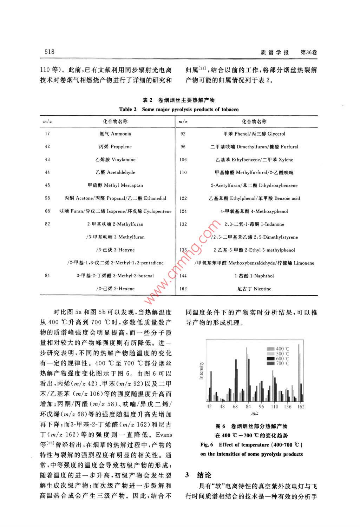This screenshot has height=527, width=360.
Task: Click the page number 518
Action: pyautogui.click(x=50, y=52)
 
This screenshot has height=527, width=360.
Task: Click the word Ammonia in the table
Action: pyautogui.click(x=121, y=134)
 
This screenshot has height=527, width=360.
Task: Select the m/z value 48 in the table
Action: pyautogui.click(x=47, y=185)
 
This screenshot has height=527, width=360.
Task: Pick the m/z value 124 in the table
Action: pyautogui.click(x=183, y=211)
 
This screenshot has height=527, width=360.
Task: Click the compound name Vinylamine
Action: pyautogui.click(x=123, y=160)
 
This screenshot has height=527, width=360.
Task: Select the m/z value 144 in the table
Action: pyautogui.click(x=183, y=276)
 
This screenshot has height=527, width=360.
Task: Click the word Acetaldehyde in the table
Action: pyautogui.click(x=121, y=172)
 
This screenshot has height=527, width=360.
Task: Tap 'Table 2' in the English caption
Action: pyautogui.click(x=128, y=110)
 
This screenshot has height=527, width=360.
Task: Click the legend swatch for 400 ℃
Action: pyautogui.click(x=270, y=349)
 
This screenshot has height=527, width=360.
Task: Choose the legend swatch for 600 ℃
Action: pyautogui.click(x=270, y=358)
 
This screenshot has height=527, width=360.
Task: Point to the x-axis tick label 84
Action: pyautogui.click(x=248, y=407)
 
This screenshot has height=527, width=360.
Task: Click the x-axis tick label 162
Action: pyautogui.click(x=301, y=407)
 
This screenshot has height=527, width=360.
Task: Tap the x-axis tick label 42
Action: pyautogui.click(x=209, y=407)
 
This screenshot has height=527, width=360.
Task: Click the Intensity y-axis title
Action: pyautogui.click(x=201, y=371)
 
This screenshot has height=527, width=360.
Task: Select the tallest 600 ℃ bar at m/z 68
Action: pyautogui.click(x=236, y=380)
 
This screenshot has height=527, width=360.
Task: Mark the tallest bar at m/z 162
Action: pyautogui.click(x=299, y=373)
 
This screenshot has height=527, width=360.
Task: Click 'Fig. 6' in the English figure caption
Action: pyautogui.click(x=207, y=444)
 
